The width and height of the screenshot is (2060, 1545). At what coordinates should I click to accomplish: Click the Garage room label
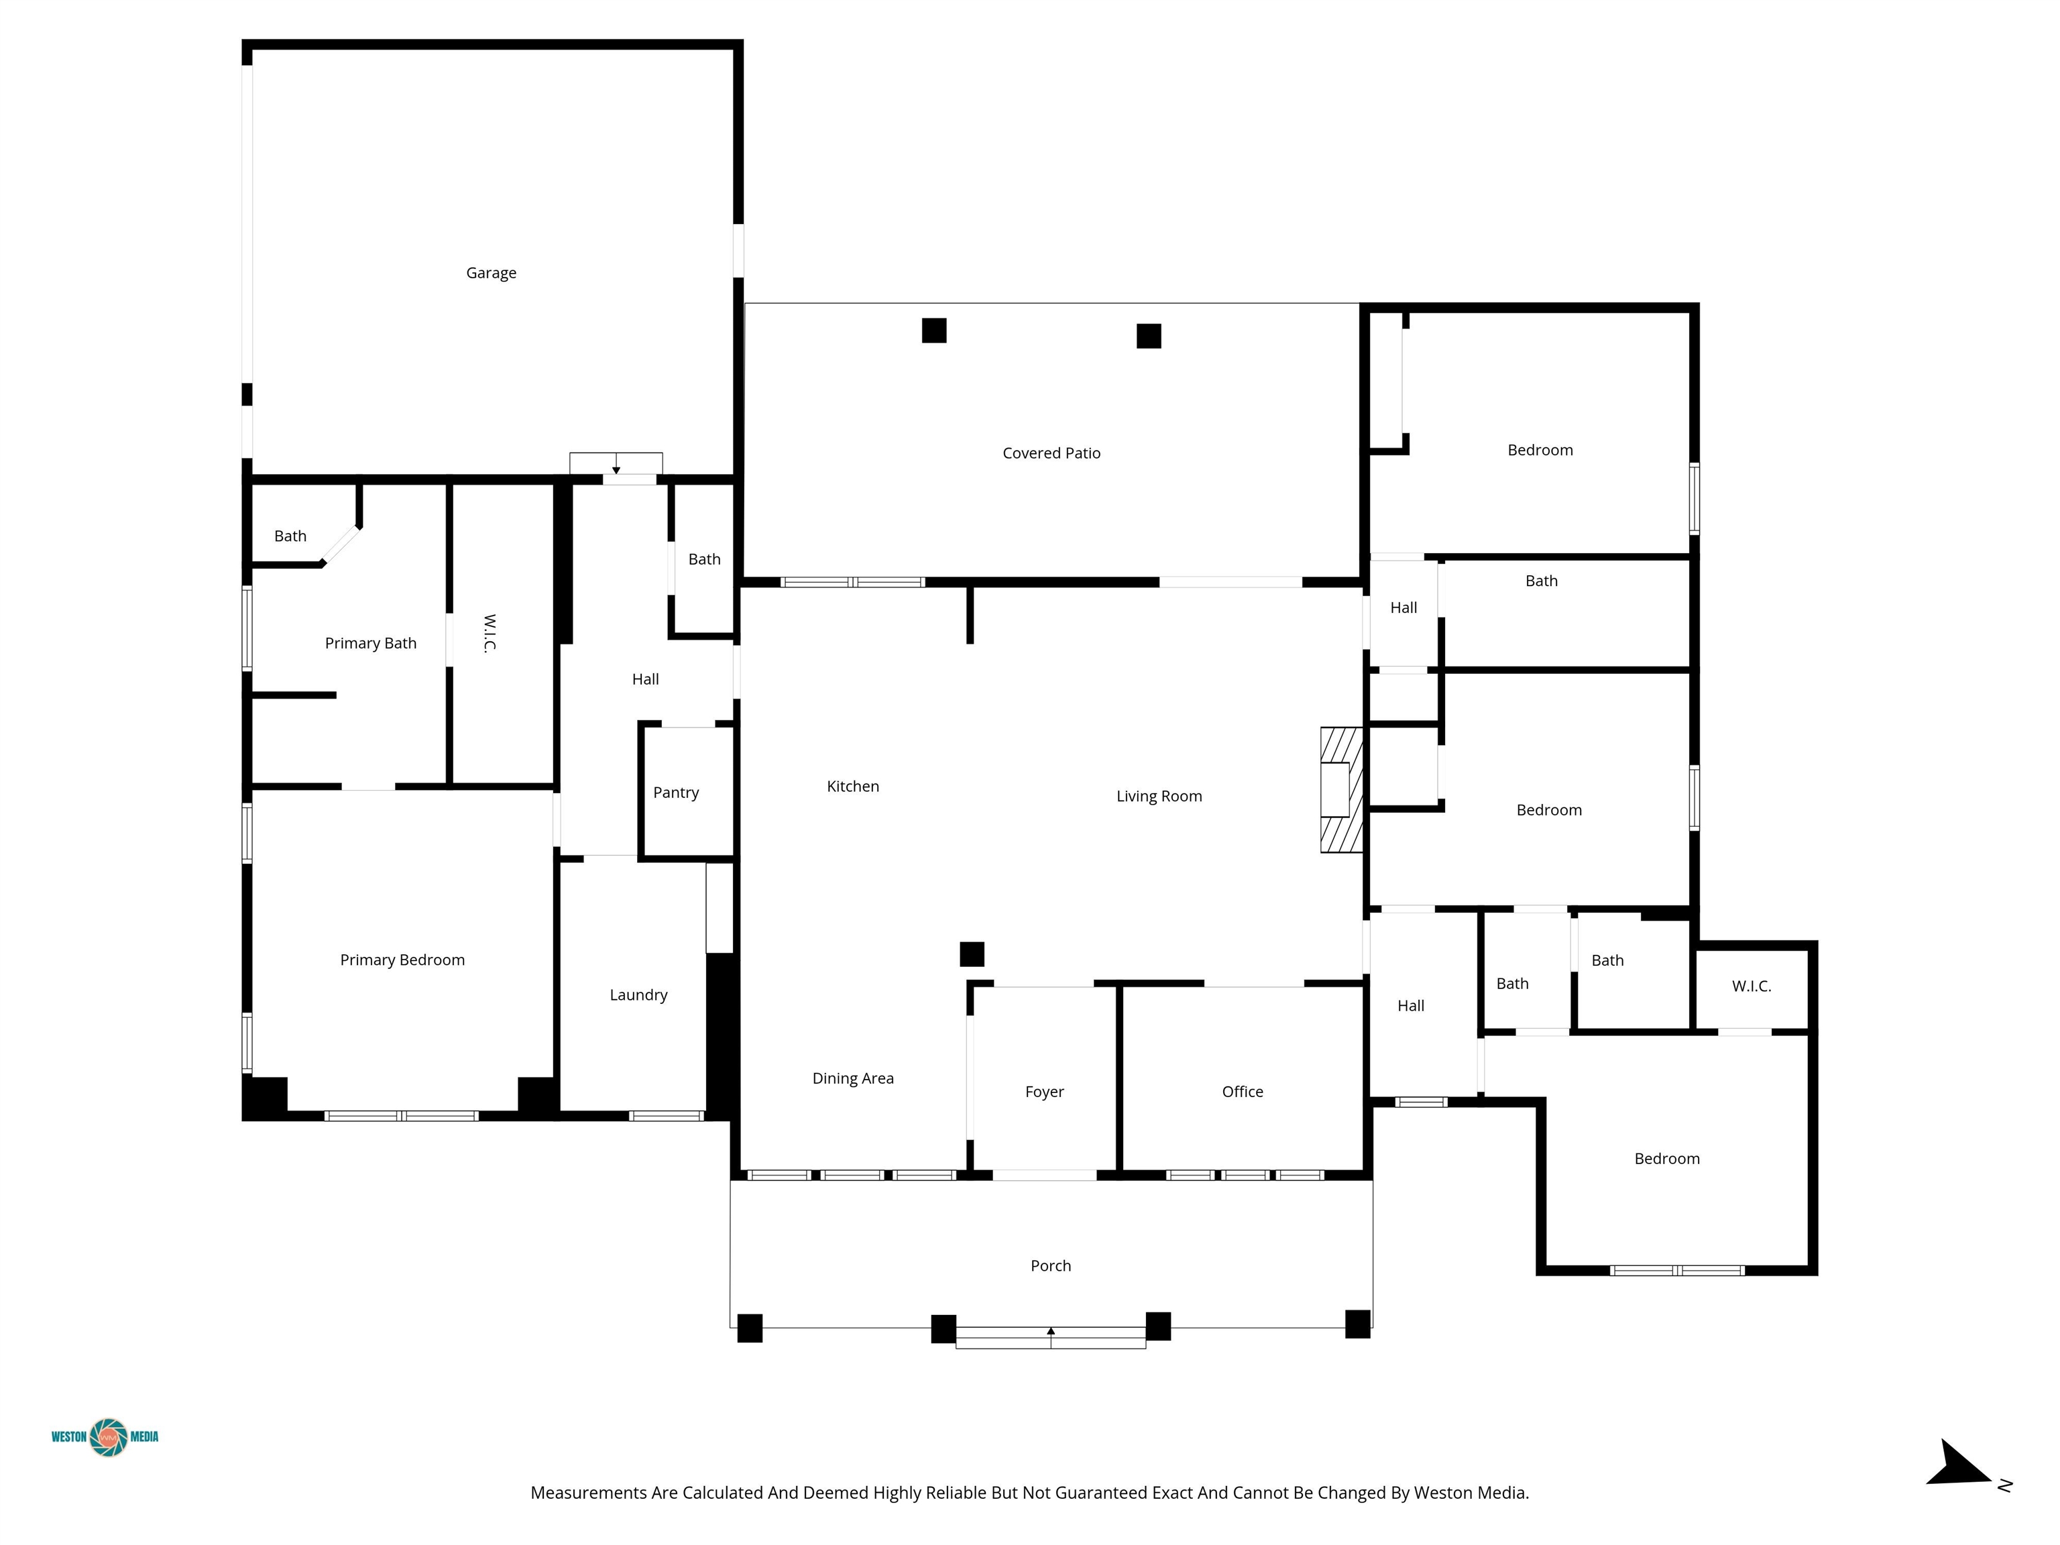pos(491,273)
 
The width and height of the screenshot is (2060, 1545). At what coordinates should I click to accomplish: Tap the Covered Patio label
pos(1051,453)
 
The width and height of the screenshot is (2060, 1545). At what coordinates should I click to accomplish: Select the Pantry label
pos(676,793)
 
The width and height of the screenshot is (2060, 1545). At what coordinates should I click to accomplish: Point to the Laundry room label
pos(639,994)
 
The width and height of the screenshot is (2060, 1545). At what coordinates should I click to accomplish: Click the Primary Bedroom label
pos(402,960)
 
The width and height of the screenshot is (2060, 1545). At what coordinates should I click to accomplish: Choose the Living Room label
pos(1159,796)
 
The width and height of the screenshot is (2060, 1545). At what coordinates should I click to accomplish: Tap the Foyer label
pos(1045,1092)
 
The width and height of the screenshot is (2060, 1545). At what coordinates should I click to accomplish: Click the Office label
pos(1243,1092)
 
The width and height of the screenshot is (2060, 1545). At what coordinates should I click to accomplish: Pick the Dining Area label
pos(853,1078)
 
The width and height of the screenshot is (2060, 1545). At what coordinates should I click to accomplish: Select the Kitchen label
pos(853,786)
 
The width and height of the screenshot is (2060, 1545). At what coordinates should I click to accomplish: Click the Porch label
pos(1051,1265)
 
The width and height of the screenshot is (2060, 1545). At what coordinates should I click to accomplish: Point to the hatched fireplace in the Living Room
pos(1342,790)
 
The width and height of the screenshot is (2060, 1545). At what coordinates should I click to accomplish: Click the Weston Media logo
pos(105,1437)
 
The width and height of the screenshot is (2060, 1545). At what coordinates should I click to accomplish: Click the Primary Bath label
pos(371,644)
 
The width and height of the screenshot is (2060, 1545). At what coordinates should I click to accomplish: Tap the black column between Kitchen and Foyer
pos(972,954)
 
